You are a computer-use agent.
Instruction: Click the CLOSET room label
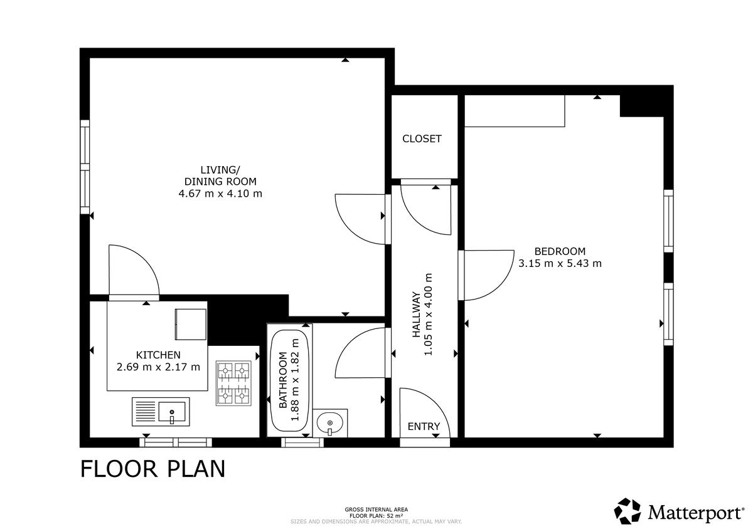point(422,138)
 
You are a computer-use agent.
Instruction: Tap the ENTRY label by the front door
point(424,426)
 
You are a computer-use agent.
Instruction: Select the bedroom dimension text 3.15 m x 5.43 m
point(560,263)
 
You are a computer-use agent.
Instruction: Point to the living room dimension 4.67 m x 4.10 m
point(220,194)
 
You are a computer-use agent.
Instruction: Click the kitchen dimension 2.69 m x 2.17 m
point(158,367)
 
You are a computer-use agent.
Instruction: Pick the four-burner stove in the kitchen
point(233,383)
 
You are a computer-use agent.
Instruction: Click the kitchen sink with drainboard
point(161,412)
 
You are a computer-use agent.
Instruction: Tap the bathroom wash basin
point(330,423)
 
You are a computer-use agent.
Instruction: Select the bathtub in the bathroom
point(290,380)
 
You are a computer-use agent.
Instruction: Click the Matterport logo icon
point(627,511)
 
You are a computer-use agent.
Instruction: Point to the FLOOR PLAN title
point(152,469)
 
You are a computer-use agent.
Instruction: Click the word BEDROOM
point(560,251)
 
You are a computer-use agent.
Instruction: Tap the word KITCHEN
point(158,355)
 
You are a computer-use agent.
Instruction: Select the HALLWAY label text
point(416,315)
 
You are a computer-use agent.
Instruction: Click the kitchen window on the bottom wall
point(176,442)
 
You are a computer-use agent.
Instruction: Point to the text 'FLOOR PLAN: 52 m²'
point(376,516)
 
